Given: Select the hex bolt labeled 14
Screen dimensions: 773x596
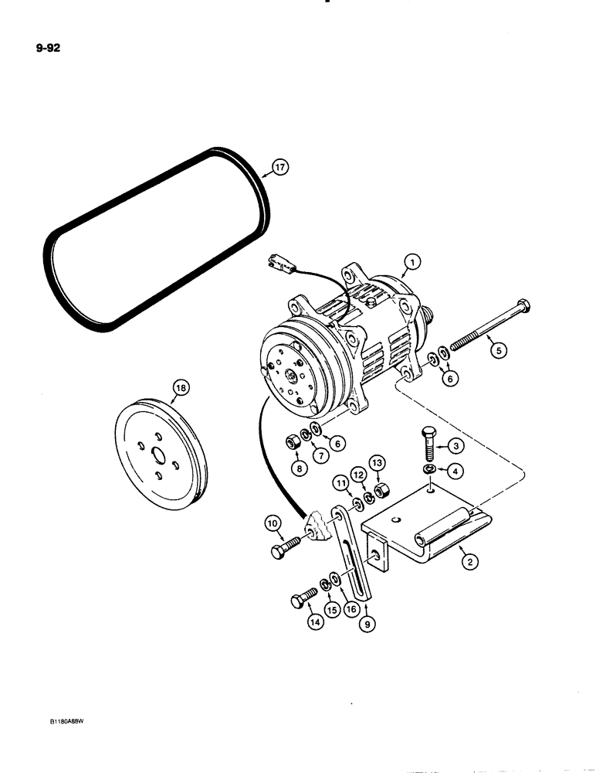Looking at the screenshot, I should tap(302, 600).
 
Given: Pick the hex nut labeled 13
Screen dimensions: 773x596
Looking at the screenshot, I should tap(381, 491).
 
